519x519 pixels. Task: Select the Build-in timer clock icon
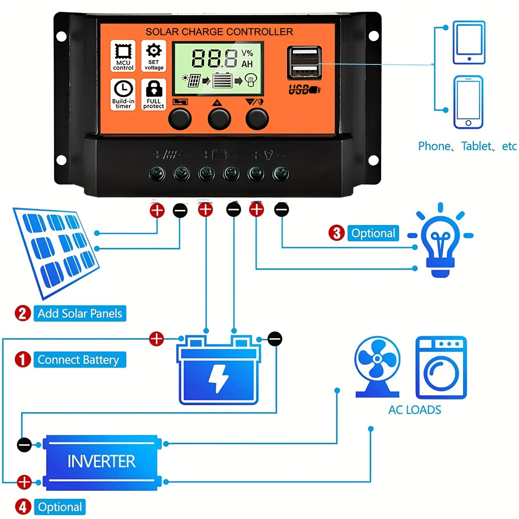click(123, 89)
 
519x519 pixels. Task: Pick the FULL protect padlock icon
click(154, 89)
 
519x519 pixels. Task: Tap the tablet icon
click(469, 42)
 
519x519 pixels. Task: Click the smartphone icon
click(468, 102)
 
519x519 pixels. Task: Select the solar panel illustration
click(56, 251)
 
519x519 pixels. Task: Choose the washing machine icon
click(441, 368)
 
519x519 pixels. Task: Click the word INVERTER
click(102, 461)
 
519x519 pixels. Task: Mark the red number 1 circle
click(23, 359)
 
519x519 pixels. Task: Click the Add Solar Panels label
click(80, 314)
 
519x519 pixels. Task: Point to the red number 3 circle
click(336, 233)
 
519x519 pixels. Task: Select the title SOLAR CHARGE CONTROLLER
click(219, 32)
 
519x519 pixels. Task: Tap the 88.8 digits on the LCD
click(215, 58)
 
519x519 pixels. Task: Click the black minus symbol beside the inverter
click(24, 444)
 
